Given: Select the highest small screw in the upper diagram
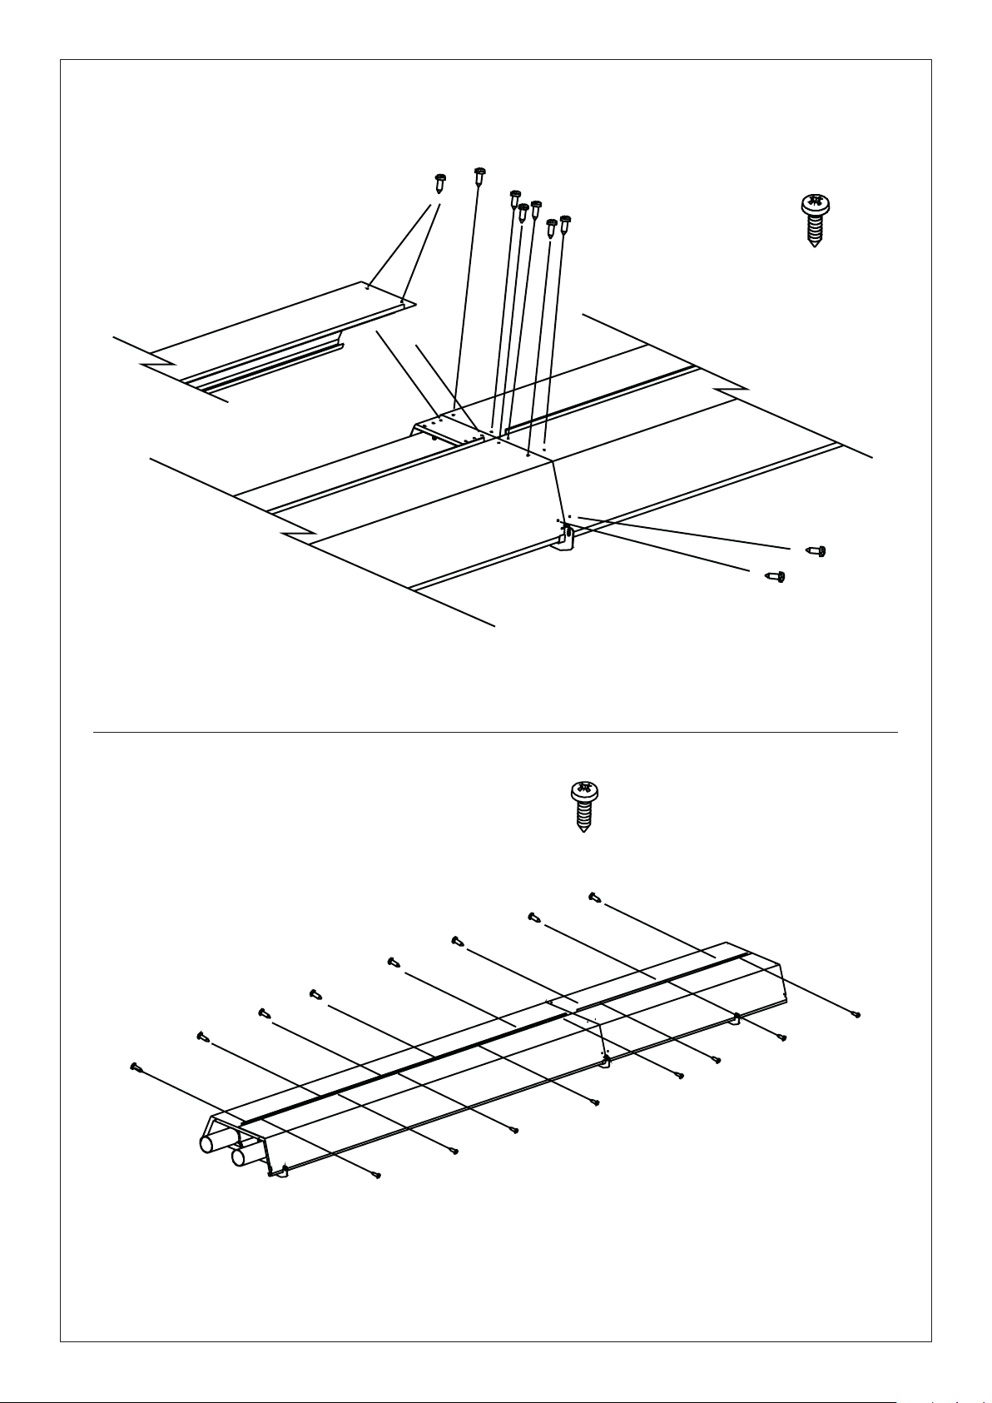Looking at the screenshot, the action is pos(479,176).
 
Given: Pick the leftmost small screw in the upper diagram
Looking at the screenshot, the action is pos(440,182).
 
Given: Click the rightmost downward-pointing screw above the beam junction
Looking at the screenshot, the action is pos(565,224).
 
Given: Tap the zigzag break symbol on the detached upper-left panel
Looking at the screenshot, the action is pos(158,364).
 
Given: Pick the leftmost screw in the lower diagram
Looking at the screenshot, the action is pos(136,1067).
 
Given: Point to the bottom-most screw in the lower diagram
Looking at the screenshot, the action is pos(378,1175).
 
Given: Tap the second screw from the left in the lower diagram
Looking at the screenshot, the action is pos(201,1036).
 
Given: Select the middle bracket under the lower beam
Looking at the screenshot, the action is pos(604,1062).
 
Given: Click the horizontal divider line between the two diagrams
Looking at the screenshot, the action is pos(495,733).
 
